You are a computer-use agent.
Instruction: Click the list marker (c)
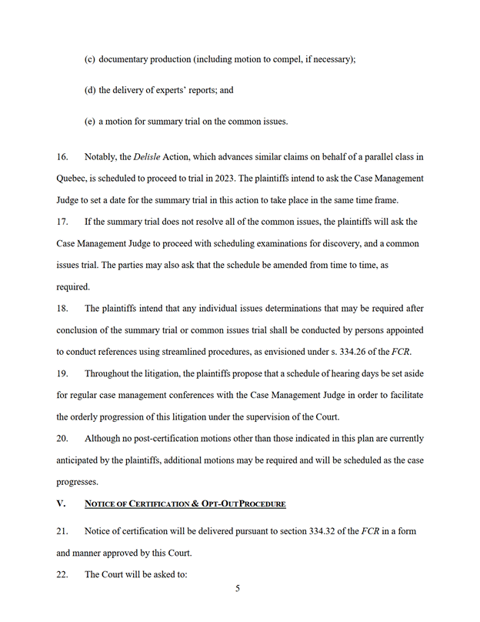coord(89,59)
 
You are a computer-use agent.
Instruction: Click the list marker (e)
coord(89,121)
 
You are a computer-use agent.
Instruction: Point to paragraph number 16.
coord(62,157)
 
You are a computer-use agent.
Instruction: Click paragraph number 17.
coord(62,222)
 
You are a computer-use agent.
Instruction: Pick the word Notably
coord(101,157)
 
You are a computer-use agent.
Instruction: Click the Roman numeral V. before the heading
coord(62,503)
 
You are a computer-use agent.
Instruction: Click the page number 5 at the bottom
coord(238,589)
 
